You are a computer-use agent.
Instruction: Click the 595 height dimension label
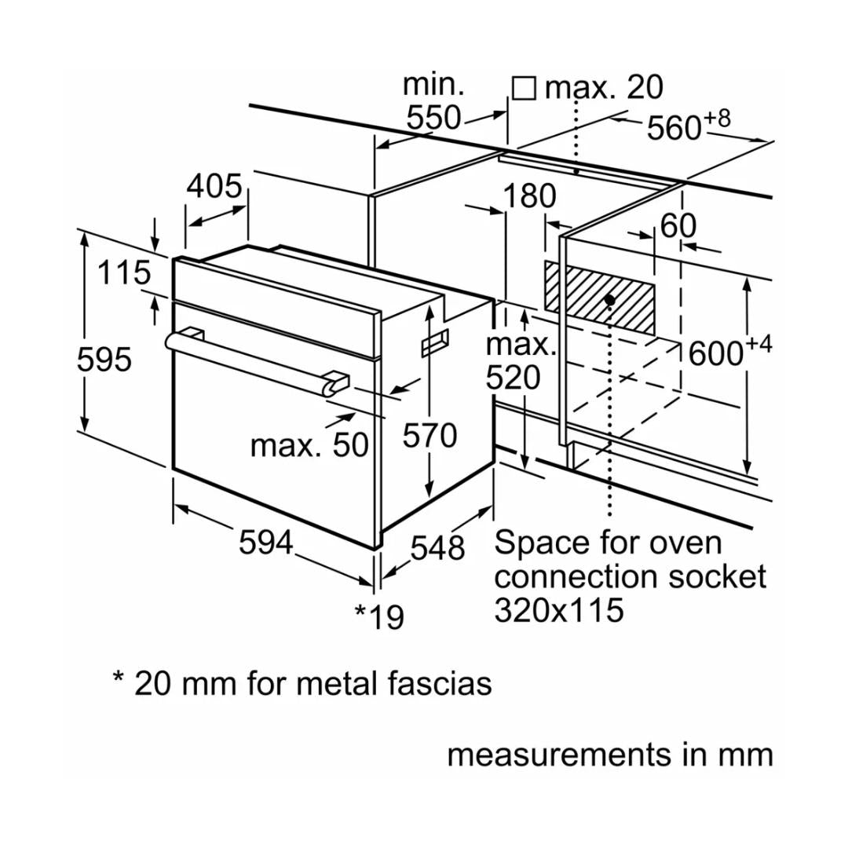coord(104,360)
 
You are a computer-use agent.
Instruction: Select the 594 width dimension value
coord(265,543)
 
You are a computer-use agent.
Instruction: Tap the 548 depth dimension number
coord(438,548)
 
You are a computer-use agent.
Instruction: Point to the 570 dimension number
coord(429,435)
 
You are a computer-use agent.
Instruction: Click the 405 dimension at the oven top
coord(214,187)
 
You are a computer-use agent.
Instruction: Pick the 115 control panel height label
coord(124,273)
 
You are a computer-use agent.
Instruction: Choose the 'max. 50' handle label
coord(309,445)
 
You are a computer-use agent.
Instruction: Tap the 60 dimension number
coord(678,226)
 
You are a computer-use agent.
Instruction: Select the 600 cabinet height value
coord(715,354)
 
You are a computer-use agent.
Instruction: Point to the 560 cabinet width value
coord(674,127)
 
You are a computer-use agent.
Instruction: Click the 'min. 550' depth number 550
coord(433,118)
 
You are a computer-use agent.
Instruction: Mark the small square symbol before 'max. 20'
coord(524,87)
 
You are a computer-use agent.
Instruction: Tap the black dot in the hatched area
coord(609,300)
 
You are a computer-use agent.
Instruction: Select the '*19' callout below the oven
coord(379,616)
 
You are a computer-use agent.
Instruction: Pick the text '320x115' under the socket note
coord(559,610)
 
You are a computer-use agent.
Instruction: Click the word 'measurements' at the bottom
coord(552,755)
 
